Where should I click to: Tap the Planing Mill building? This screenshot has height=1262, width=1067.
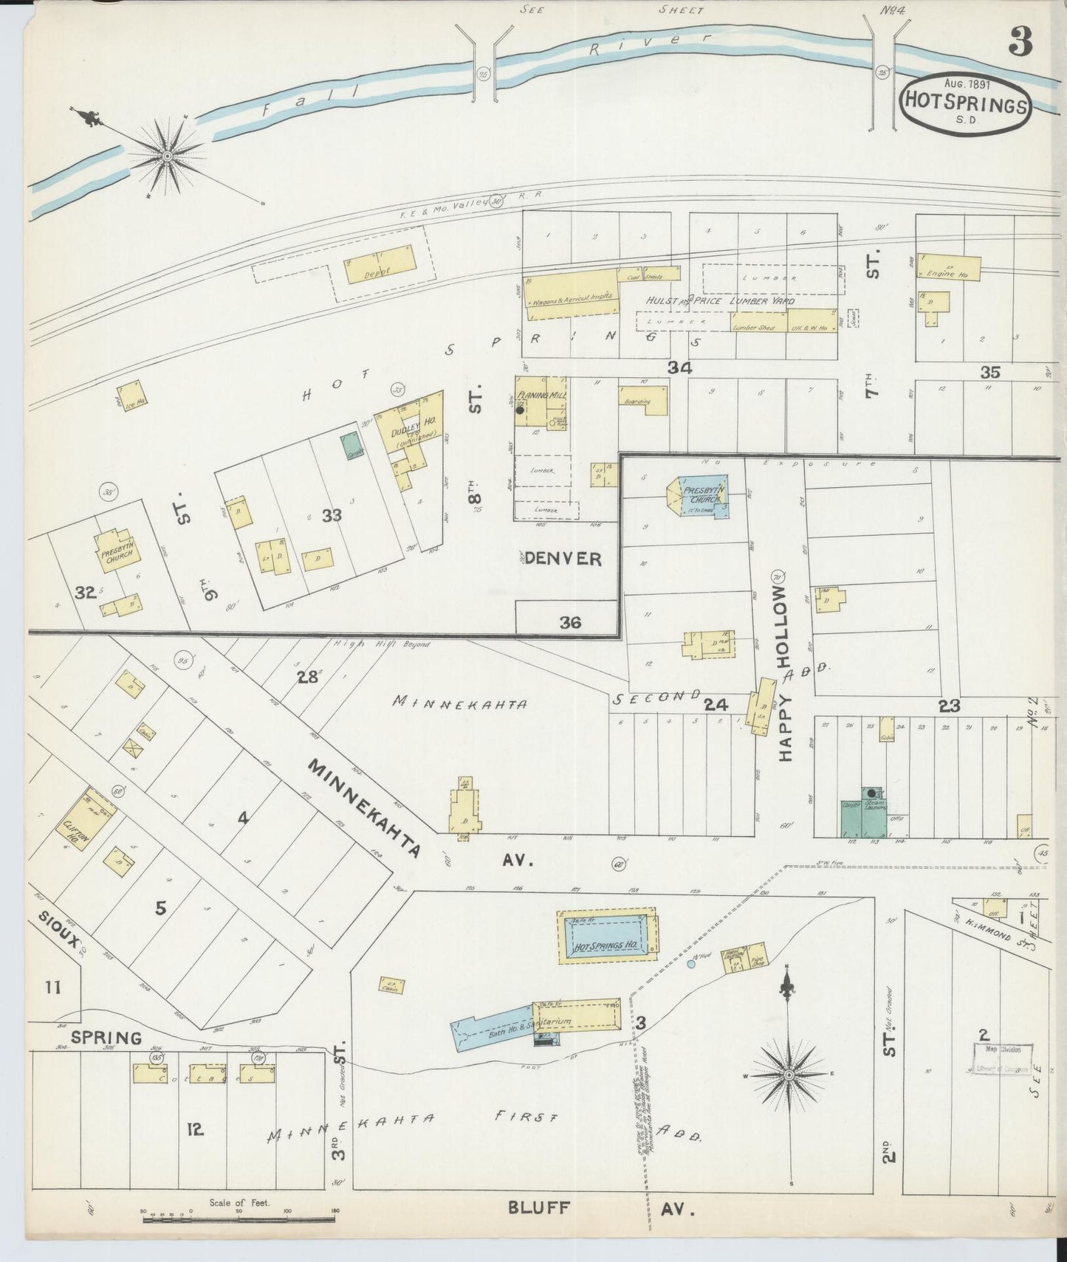tap(541, 402)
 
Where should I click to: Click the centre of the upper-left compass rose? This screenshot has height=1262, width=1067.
tap(167, 156)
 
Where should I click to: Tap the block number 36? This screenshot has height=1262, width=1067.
tap(569, 623)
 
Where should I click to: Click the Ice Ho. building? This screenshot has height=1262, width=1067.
tap(132, 392)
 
